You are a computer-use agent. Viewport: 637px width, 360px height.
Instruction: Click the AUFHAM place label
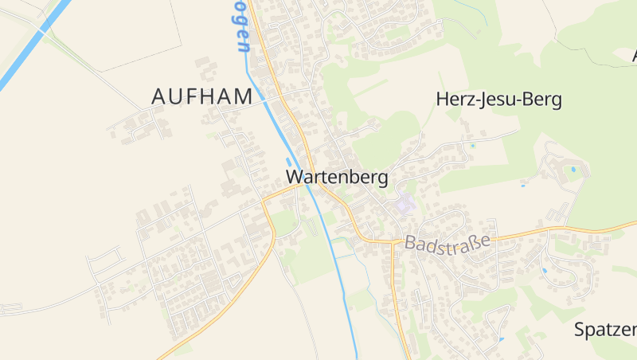(x=202, y=96)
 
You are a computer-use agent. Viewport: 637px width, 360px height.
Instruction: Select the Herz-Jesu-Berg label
(x=499, y=100)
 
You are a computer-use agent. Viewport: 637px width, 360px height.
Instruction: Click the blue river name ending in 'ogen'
(x=242, y=28)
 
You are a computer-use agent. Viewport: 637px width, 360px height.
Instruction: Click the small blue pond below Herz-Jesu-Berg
(x=472, y=146)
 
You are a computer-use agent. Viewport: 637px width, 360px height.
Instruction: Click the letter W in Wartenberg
(x=294, y=177)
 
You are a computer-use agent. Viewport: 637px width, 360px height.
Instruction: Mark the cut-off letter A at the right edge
(x=634, y=56)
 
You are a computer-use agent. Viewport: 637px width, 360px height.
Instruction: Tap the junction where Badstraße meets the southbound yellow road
(x=395, y=241)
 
